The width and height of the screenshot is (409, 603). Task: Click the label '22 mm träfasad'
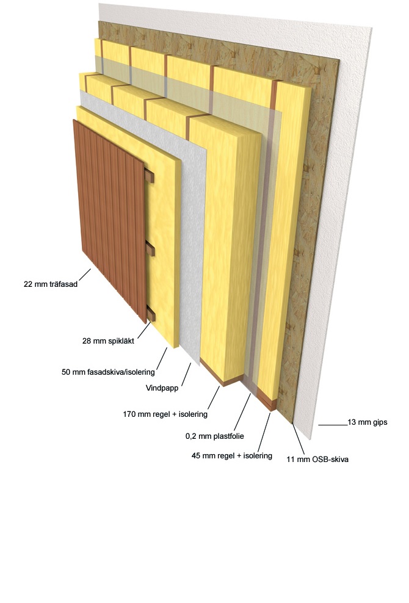point(51,284)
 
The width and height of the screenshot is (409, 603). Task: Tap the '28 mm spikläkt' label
point(108,341)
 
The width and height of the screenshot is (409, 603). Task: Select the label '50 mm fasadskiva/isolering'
point(108,372)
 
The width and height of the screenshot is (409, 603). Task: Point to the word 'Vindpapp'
point(162,388)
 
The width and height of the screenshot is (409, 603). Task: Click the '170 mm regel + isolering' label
point(165,414)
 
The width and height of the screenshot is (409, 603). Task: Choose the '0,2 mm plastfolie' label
point(215,436)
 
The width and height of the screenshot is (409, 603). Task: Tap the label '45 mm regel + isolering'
point(231,456)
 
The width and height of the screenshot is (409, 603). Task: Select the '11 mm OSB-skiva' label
point(317,459)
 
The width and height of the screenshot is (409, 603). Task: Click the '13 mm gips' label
point(367,422)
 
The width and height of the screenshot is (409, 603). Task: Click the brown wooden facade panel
point(110,221)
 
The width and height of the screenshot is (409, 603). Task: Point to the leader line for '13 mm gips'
point(333,425)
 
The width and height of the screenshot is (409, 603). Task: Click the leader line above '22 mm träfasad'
point(85,275)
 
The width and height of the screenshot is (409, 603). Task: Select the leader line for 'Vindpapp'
point(186,374)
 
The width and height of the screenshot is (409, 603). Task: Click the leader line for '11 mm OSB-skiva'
point(299,439)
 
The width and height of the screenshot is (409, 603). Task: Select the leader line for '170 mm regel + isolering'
point(214,398)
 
